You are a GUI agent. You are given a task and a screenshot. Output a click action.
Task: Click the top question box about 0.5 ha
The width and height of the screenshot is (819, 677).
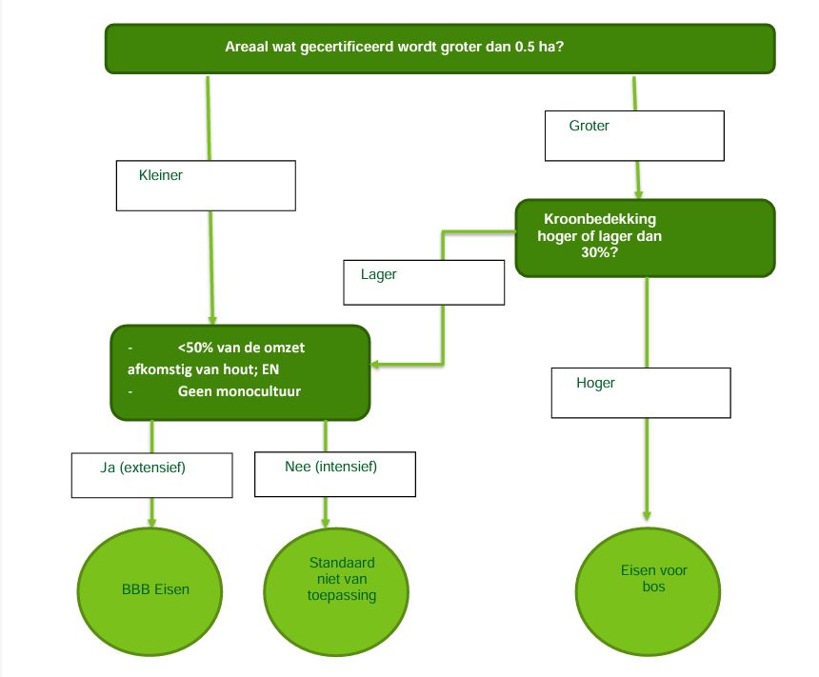(x=439, y=48)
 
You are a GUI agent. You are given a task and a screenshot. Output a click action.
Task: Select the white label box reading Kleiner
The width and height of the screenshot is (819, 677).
(x=206, y=185)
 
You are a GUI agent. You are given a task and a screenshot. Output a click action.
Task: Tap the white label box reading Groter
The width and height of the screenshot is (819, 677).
(x=634, y=135)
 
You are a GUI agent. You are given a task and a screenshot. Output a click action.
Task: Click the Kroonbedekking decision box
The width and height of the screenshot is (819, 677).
(x=618, y=238)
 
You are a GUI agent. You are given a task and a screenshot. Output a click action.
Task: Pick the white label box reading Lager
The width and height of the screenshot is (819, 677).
(x=423, y=282)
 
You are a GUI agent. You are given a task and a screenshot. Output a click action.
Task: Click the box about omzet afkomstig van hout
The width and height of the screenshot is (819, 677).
(x=239, y=372)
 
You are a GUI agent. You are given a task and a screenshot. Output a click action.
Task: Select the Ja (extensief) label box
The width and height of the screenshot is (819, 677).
(x=152, y=474)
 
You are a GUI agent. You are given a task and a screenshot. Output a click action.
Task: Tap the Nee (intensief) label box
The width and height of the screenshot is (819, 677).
(x=336, y=473)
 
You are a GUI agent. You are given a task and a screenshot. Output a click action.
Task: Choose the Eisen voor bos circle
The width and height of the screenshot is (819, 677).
(x=647, y=579)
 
